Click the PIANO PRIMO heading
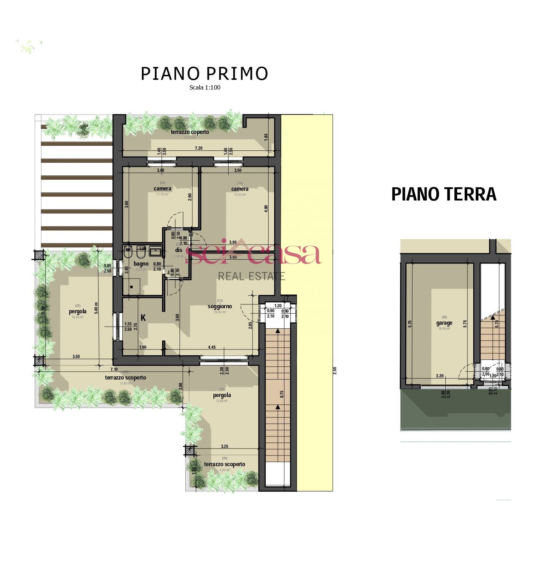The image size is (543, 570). (204, 73)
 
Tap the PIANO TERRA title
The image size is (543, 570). (444, 194)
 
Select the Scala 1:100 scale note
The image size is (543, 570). (205, 87)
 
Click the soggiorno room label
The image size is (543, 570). (220, 306)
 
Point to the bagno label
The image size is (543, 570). (141, 264)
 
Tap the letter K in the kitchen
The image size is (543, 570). (143, 318)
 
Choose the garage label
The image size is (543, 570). (444, 323)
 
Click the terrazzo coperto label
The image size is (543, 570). (190, 132)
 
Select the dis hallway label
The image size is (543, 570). (179, 250)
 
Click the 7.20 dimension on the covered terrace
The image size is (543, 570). (199, 148)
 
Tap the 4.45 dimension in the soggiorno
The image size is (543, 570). (212, 347)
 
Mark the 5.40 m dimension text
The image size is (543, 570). (96, 308)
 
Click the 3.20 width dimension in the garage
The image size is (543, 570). (440, 376)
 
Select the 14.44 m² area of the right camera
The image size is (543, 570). (240, 195)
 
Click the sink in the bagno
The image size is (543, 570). (156, 251)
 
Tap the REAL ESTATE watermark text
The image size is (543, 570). (251, 276)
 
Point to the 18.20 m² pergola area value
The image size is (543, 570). (77, 317)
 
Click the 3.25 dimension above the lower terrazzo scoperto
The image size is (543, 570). (225, 446)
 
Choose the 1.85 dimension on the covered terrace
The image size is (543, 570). (266, 137)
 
